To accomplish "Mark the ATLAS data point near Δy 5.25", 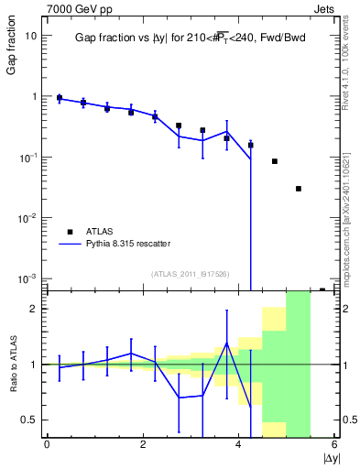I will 299,189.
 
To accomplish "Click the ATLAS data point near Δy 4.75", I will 275,161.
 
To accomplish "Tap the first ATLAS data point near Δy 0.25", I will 60,98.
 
